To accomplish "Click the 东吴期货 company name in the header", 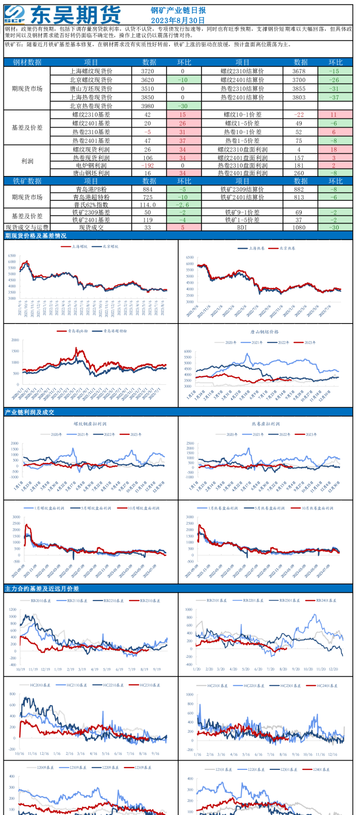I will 75,15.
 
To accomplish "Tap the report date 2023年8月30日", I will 178,20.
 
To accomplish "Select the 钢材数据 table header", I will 27,62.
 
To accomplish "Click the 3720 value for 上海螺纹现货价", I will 147,71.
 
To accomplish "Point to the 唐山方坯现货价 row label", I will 91,88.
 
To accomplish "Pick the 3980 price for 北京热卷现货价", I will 147,106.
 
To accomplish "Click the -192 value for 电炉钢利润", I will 147,165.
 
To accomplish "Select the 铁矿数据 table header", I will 27,181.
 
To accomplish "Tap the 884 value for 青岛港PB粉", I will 147,189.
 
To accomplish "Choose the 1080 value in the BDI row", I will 299,227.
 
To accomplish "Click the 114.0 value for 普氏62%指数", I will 147,205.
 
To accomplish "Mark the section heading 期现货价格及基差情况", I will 35,236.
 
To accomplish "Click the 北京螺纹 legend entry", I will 110,246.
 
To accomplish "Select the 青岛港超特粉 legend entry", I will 115,331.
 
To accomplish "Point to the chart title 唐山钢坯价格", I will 264,332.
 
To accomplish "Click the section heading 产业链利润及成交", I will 30,412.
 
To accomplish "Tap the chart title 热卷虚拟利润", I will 265,424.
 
